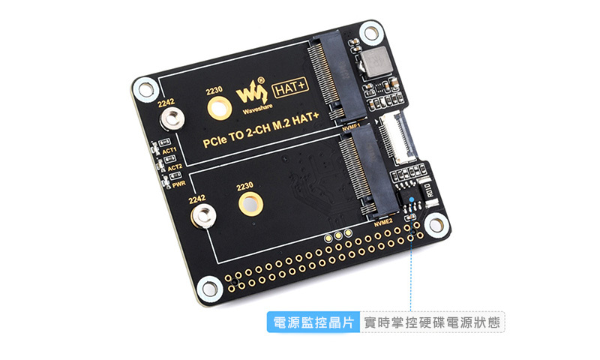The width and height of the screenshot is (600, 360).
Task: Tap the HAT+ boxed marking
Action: click(x=288, y=88)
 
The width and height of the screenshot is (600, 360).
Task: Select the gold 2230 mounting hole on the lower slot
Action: click(x=250, y=205)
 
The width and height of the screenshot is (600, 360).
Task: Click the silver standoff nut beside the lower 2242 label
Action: click(x=202, y=217)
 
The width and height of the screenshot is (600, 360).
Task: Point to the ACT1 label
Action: click(x=169, y=151)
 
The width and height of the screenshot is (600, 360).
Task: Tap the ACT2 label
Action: click(x=173, y=166)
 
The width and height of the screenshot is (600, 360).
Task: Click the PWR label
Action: click(x=178, y=182)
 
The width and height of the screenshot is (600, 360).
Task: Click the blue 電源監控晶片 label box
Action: click(x=313, y=322)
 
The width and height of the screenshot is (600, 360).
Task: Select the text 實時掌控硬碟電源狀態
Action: click(x=431, y=322)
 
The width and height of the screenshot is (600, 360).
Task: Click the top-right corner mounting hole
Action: click(x=370, y=32)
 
